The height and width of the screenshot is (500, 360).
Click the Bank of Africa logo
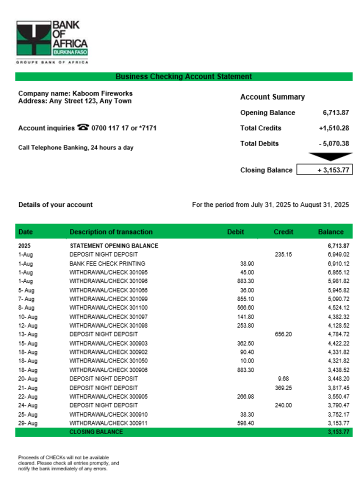pos(52,40)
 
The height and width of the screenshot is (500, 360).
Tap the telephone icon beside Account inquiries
pos(83,127)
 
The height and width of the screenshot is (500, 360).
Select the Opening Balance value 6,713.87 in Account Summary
pos(335,112)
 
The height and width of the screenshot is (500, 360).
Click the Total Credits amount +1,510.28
pos(333,128)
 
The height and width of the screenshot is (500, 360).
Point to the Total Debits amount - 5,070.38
pos(333,143)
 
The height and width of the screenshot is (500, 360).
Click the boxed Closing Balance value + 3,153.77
pos(324,170)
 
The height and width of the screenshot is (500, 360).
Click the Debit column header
pos(235,232)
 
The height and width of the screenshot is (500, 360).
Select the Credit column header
pos(283,232)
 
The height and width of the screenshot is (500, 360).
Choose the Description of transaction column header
pos(111,232)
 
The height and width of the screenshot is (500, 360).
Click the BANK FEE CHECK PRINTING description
pos(107,263)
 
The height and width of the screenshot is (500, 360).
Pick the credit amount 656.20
pos(283,334)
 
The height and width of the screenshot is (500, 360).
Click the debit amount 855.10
pos(245,299)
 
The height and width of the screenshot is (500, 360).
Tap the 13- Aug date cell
pos(28,334)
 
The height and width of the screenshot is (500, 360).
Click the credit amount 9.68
pos(283,378)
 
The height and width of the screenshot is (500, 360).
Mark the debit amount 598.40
pos(245,423)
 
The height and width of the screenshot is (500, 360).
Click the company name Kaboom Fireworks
pos(102,93)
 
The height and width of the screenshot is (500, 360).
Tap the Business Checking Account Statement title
pos(183,76)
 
